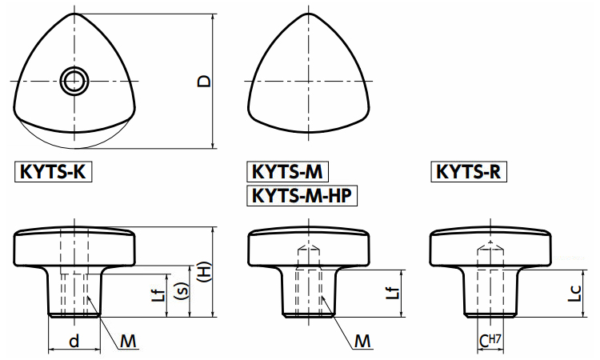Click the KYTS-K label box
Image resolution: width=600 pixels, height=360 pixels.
[53, 171]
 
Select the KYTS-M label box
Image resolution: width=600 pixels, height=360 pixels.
[288, 171]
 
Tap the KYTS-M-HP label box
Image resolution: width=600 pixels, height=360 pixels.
[303, 195]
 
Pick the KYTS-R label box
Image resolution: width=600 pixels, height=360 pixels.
[470, 171]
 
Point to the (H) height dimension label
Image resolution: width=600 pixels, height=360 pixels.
[204, 274]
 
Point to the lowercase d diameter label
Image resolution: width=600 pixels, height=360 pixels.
[74, 342]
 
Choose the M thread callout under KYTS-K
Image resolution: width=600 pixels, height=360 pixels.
[128, 342]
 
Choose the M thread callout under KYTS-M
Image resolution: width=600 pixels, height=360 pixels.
[362, 342]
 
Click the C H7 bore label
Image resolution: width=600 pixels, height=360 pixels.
[490, 342]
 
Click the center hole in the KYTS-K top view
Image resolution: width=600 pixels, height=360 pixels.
[74, 80]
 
